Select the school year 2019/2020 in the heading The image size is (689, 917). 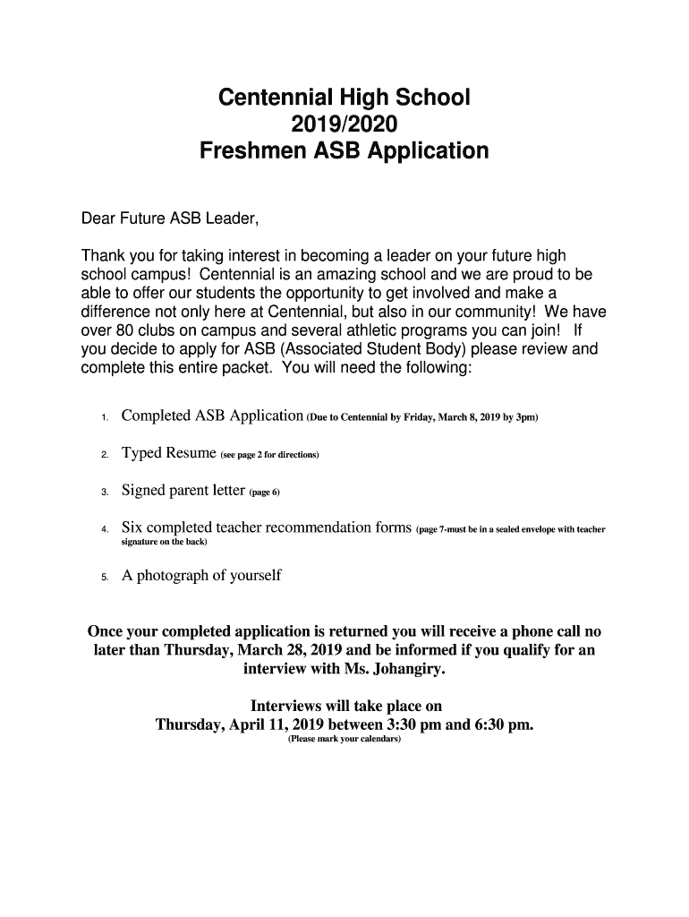pyautogui.click(x=344, y=124)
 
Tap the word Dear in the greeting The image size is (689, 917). pyautogui.click(x=98, y=219)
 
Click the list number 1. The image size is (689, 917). pyautogui.click(x=105, y=418)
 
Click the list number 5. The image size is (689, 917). pyautogui.click(x=105, y=578)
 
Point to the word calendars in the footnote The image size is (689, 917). pyautogui.click(x=379, y=741)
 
